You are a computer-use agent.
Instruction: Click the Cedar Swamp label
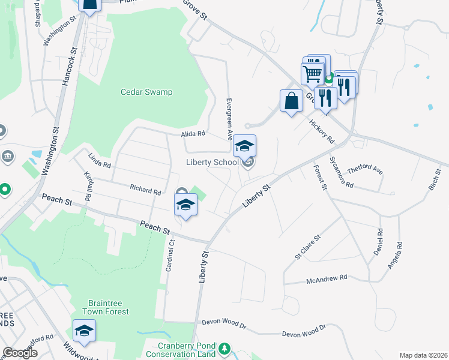[x=146, y=92]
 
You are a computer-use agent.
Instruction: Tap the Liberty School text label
[x=212, y=162]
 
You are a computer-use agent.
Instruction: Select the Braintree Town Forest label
[x=109, y=307]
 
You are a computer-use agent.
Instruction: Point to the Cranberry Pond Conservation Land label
[x=186, y=350]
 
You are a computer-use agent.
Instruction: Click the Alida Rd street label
[x=193, y=134]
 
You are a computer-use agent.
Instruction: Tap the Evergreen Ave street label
[x=229, y=119]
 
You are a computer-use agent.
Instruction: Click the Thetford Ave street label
[x=365, y=169]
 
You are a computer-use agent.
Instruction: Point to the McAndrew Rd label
[x=327, y=278]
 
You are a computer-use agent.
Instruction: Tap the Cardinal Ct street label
[x=170, y=255]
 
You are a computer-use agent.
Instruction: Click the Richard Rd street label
[x=146, y=190]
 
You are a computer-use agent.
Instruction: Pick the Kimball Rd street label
[x=89, y=187]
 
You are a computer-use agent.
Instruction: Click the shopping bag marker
[x=291, y=100]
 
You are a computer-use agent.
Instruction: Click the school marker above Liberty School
[x=244, y=146]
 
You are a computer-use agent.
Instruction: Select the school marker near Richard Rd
[x=186, y=205]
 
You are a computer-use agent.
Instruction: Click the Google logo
[x=20, y=353]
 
